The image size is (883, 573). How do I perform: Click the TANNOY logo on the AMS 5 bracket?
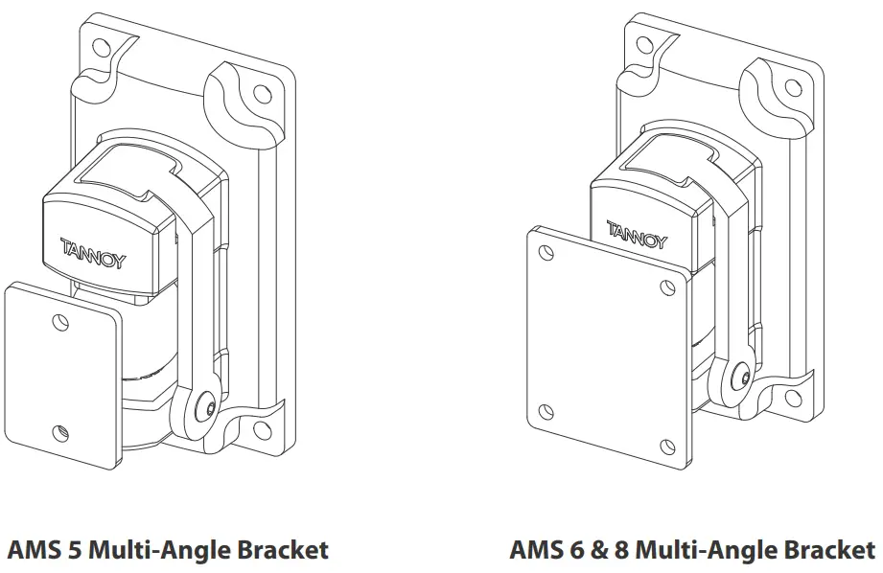(93, 255)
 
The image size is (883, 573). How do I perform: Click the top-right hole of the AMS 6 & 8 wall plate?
(793, 89)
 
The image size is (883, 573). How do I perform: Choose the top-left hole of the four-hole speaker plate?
(546, 254)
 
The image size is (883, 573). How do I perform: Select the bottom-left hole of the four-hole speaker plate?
(546, 411)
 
